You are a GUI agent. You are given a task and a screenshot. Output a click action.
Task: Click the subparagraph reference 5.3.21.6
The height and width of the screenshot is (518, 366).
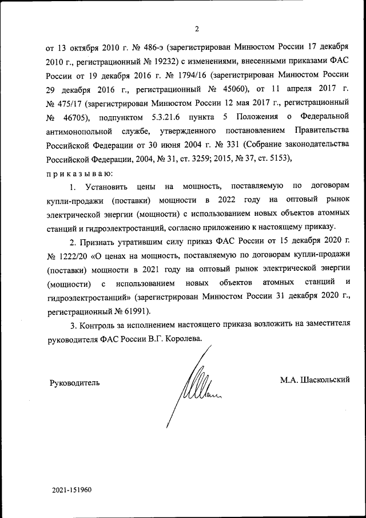178,118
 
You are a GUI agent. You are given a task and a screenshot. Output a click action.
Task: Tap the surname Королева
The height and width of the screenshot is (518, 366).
182,338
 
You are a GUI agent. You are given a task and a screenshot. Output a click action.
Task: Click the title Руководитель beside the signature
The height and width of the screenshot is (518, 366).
75,383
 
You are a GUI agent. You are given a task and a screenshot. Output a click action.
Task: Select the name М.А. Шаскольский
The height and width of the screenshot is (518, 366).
315,379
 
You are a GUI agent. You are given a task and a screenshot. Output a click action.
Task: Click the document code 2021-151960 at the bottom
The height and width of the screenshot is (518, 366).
71,491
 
